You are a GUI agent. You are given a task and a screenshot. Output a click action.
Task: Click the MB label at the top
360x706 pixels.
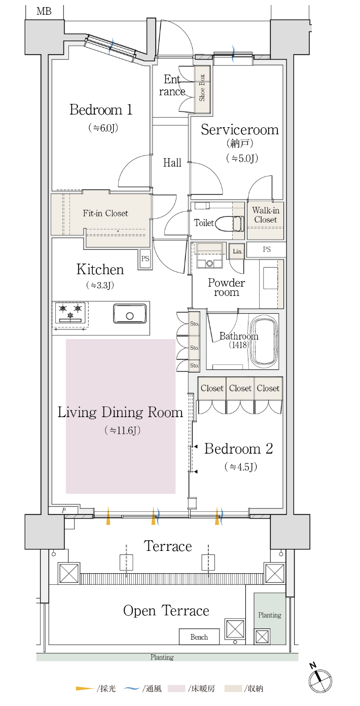pos(44,11)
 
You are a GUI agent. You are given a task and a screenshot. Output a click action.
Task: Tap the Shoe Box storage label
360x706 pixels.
pos(202,88)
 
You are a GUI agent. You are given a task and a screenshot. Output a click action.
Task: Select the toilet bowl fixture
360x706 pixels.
pos(229,224)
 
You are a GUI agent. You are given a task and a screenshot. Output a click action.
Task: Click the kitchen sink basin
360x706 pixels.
pos(130,313)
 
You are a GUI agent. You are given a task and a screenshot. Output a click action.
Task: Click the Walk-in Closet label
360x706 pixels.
pos(266,215)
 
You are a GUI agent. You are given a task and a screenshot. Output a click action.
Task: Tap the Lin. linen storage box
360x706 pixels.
pos(237,251)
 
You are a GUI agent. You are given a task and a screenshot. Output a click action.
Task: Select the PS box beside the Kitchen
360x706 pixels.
pos(145,259)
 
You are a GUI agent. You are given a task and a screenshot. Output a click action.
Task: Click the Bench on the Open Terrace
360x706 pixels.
pos(199,637)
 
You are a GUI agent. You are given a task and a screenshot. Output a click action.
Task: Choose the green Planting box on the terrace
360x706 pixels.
pos(270,618)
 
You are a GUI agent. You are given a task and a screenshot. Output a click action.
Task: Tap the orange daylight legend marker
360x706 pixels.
pos(85,689)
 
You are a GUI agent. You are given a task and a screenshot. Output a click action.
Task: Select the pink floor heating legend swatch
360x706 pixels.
pos(176,688)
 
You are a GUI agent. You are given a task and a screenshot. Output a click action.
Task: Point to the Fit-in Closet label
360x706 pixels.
pos(105,213)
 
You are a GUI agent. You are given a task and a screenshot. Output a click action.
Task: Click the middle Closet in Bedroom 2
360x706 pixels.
pos(240,388)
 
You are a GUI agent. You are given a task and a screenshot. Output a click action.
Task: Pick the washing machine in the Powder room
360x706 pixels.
pos(209,255)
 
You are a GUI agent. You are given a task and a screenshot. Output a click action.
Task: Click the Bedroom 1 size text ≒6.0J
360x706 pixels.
pos(103,128)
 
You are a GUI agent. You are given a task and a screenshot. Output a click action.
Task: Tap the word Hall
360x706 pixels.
pos(172,163)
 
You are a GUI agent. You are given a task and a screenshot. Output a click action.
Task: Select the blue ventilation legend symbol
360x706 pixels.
pos(131,688)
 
